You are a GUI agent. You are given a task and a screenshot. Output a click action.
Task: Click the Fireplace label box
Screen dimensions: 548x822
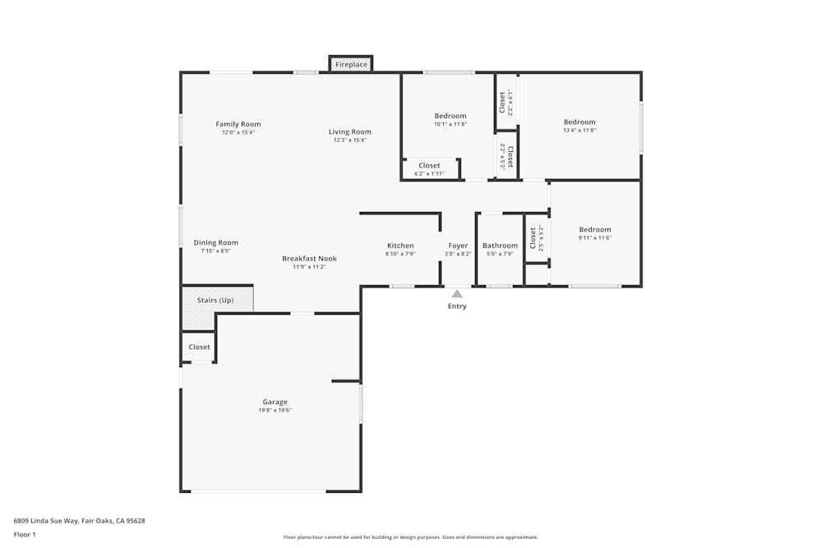pos(351,64)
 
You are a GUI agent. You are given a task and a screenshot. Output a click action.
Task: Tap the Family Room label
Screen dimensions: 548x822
pos(238,124)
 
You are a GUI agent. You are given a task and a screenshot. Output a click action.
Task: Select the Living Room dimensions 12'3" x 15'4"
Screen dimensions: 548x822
pos(350,140)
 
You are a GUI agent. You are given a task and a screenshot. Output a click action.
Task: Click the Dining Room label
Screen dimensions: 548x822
pos(216,242)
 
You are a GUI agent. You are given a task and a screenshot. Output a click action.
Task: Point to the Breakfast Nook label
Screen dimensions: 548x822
pos(309,258)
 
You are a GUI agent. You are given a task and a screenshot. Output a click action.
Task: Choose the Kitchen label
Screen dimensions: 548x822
pos(400,246)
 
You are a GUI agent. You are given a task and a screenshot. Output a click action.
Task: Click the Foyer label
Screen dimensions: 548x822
pos(458,246)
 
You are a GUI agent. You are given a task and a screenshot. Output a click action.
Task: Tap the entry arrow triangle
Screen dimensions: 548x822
pos(457,292)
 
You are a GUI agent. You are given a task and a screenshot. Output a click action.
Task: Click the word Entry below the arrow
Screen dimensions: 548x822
pos(457,306)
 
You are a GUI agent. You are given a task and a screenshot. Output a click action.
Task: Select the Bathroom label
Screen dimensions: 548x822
pos(500,246)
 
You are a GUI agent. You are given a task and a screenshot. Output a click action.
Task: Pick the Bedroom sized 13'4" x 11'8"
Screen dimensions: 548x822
pos(580,122)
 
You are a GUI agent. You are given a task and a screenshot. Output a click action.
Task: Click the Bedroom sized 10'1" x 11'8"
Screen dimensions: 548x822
pos(450,116)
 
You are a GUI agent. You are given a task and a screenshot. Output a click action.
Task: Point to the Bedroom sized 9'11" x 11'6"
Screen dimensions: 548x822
pos(595,230)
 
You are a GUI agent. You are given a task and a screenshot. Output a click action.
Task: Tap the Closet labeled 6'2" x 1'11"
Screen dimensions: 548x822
pos(429,166)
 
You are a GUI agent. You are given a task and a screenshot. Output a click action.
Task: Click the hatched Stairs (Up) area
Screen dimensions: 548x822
pos(217,300)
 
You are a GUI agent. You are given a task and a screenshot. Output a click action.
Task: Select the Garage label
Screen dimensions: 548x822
pos(275,402)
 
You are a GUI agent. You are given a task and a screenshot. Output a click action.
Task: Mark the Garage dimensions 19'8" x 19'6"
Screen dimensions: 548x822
pos(275,410)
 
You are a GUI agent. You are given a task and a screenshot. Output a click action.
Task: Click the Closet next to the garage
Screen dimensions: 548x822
pos(199,347)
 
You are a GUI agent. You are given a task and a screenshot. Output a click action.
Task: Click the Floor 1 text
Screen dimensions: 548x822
pos(25,534)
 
